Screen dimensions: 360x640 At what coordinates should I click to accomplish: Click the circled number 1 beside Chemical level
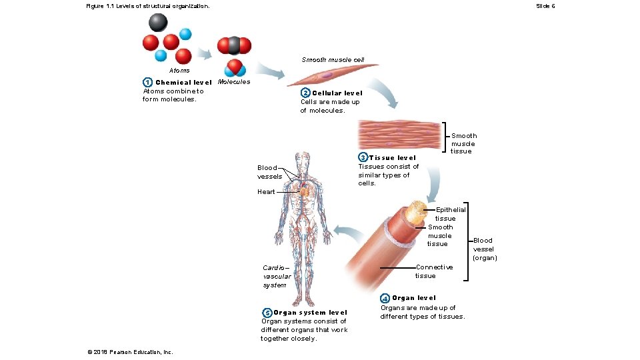click(x=147, y=82)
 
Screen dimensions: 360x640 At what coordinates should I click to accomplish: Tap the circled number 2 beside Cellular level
click(x=305, y=93)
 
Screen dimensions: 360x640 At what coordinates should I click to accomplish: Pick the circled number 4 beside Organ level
click(x=385, y=297)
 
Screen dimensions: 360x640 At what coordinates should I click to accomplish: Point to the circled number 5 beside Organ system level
click(x=267, y=313)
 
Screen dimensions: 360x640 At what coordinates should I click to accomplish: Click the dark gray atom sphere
click(x=158, y=23)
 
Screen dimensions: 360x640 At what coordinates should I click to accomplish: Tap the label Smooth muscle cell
click(x=333, y=60)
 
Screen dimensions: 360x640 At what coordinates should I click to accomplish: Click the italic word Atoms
click(x=179, y=70)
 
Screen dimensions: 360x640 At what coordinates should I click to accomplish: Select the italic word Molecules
click(x=234, y=82)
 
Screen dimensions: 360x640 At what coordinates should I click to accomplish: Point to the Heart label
click(x=266, y=192)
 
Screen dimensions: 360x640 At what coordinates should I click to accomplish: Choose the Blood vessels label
click(x=267, y=172)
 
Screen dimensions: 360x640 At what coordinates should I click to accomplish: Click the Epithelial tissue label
click(x=450, y=214)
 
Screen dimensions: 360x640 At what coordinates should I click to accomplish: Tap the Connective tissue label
click(x=433, y=271)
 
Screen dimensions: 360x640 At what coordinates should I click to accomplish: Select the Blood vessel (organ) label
click(x=485, y=249)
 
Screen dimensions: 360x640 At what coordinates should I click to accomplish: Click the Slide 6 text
click(x=545, y=6)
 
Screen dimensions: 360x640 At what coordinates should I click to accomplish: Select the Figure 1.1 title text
click(x=147, y=6)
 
